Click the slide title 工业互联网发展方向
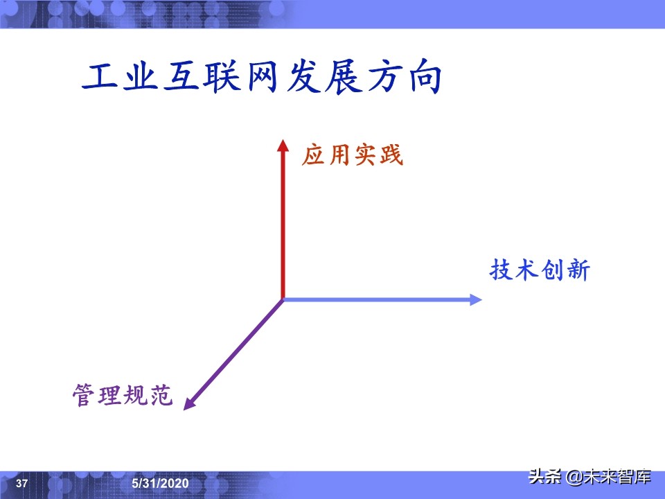point(262,78)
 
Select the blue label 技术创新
point(540,270)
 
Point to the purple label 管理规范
point(123,396)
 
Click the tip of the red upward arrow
point(282,141)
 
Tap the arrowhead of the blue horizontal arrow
point(476,299)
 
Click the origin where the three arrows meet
point(283,299)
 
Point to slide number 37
point(21,483)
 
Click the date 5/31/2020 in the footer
point(159,483)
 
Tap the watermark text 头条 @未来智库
point(589,477)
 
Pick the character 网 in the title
point(262,78)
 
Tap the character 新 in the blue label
point(577,270)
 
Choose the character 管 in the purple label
point(85,396)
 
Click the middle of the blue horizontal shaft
point(378,299)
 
